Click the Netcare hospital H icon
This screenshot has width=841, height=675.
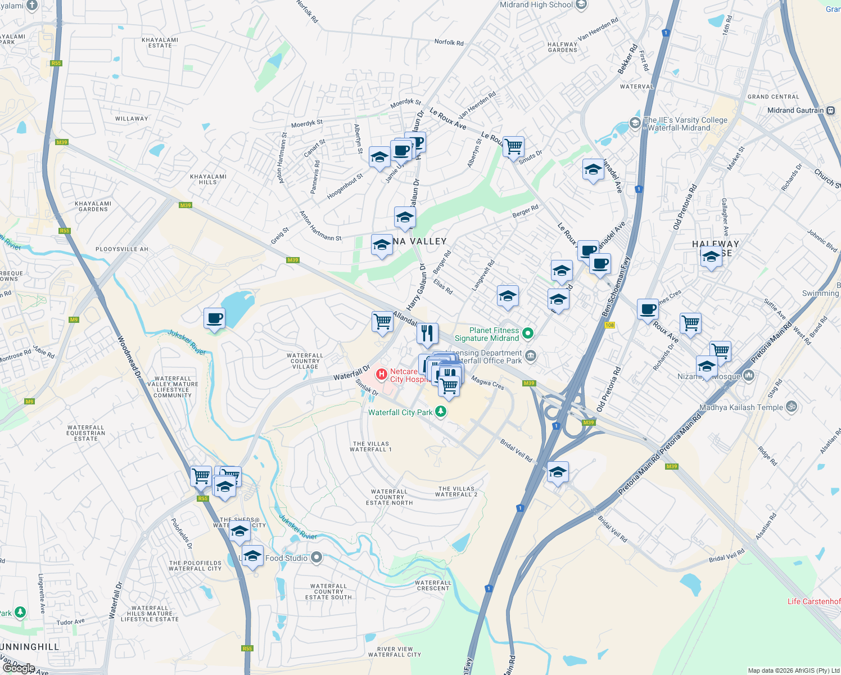(x=381, y=373)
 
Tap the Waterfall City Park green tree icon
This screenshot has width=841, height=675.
(x=441, y=412)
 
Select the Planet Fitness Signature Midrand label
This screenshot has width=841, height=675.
(x=487, y=334)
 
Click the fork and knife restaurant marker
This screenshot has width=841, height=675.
(x=427, y=333)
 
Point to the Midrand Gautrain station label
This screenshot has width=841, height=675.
(x=795, y=110)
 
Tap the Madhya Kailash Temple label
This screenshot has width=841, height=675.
(x=741, y=407)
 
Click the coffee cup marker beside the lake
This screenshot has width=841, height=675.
(x=214, y=318)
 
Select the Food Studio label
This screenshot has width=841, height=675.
(x=287, y=558)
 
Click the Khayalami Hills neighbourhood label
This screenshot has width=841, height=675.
(x=208, y=179)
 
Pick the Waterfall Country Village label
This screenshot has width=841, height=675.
(x=305, y=361)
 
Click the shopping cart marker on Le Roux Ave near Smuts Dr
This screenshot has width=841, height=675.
(x=513, y=147)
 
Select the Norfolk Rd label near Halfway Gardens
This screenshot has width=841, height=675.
(x=449, y=42)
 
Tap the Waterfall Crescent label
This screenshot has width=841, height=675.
(x=433, y=586)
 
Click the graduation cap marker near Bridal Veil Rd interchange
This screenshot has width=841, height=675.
(x=558, y=472)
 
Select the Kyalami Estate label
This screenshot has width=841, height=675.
(x=160, y=43)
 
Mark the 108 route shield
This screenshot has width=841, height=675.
(x=609, y=325)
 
